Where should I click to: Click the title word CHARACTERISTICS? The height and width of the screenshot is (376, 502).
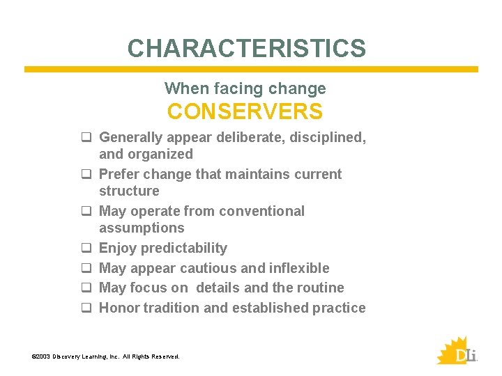[246, 48]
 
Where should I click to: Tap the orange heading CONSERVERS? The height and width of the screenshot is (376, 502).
[245, 111]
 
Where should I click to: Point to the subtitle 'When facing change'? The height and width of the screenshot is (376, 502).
[245, 88]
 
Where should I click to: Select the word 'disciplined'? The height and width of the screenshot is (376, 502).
[326, 137]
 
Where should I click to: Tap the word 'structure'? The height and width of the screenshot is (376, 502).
[129, 191]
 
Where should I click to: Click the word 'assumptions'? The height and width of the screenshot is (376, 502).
[142, 228]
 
